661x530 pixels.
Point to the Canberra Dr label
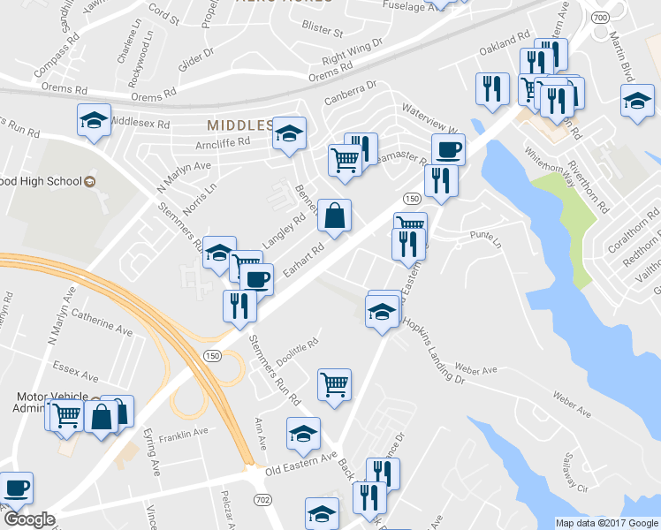[x=351, y=93]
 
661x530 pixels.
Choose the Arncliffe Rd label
[x=223, y=141]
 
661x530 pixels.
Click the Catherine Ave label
[x=102, y=317]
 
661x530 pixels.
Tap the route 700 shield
[x=600, y=18]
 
